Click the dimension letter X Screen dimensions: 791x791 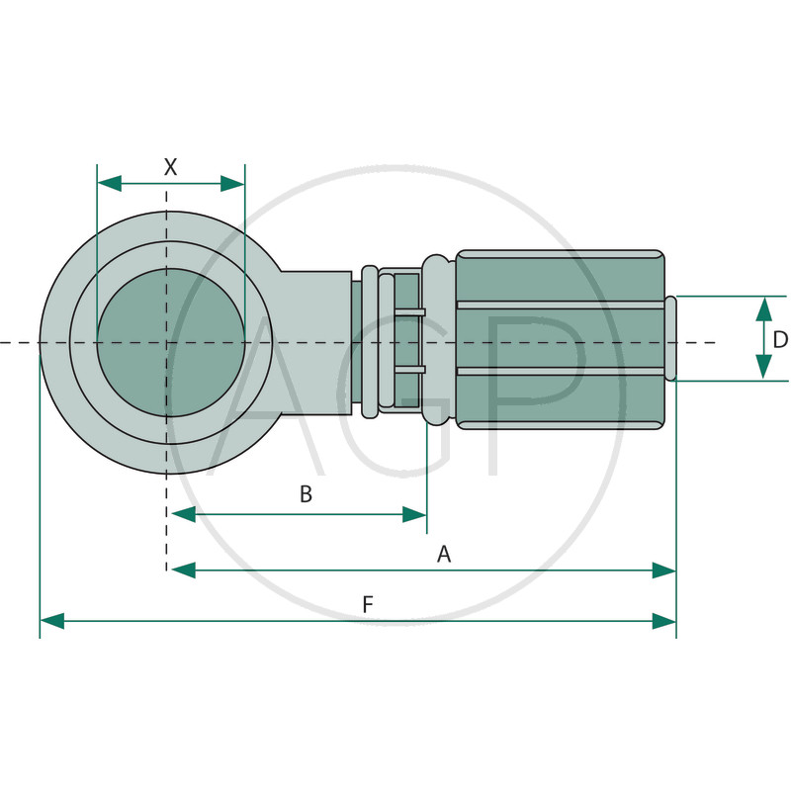point(171,167)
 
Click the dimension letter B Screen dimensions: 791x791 point(306,493)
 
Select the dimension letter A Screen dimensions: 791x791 point(443,554)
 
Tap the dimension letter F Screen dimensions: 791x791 point(368,604)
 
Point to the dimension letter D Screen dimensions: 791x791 point(780,339)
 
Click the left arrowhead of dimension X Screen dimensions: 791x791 point(110,184)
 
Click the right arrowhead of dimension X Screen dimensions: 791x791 point(232,184)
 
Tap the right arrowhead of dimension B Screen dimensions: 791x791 point(414,514)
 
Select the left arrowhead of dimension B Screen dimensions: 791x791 point(184,514)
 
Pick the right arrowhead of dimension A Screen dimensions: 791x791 point(663,571)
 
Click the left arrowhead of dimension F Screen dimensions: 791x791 point(52,621)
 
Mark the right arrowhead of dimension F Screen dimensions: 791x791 point(663,621)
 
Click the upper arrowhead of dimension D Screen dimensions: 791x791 point(764,309)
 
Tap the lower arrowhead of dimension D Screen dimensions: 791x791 point(764,367)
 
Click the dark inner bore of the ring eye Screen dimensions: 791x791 point(171,342)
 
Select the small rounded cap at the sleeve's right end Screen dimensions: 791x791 point(671,338)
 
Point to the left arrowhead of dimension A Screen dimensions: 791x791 point(184,571)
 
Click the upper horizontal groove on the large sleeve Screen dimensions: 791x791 point(561,305)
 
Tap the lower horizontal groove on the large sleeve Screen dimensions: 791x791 point(561,372)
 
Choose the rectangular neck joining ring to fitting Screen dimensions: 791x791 point(315,343)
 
